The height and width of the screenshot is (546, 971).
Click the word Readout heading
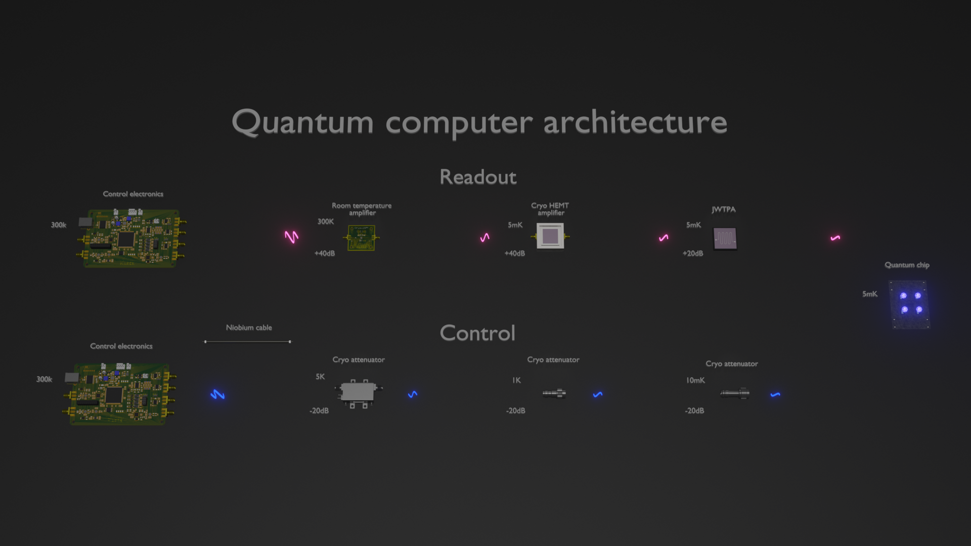478,177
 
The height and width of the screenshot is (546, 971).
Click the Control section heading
477,333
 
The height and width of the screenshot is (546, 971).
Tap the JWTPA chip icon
725,238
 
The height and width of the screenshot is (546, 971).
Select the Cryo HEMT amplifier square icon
550,236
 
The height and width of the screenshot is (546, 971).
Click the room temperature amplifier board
361,238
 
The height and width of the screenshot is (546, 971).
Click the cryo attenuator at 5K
358,393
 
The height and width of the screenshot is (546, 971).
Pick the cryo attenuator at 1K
554,393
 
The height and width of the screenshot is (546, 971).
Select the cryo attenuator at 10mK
735,393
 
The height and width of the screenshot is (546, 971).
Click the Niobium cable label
249,328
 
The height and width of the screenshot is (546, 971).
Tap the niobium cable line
247,342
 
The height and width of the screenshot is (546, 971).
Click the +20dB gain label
693,253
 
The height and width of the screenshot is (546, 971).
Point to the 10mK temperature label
695,380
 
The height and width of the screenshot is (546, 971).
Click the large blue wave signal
217,394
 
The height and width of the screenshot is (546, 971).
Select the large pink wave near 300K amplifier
291,237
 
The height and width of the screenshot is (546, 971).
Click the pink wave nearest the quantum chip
835,238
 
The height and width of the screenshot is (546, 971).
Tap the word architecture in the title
635,122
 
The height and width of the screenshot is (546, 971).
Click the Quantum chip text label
907,265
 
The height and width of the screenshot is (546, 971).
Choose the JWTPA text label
724,209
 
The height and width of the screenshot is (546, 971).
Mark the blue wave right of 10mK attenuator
775,394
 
